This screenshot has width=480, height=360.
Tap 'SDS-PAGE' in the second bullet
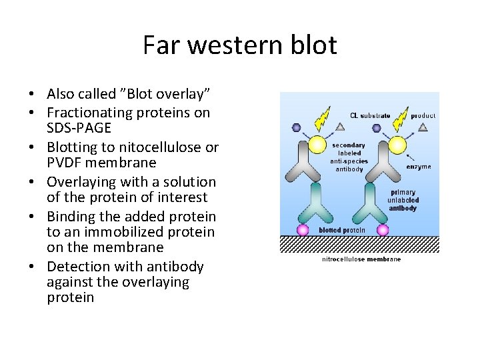79,128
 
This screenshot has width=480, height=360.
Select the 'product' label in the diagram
423,115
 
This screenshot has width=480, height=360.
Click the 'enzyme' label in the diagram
419,166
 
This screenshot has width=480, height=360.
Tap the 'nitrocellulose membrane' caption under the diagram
361,259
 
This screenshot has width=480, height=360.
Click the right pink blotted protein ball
383,230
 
